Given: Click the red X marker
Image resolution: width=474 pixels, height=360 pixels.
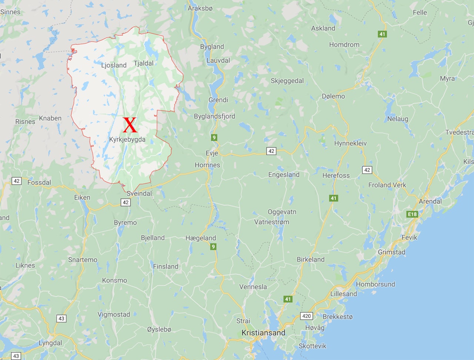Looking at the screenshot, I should (130, 125).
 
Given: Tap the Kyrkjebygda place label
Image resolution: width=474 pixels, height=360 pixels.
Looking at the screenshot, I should (127, 140).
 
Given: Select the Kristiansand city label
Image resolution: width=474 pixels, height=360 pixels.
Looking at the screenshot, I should (263, 333).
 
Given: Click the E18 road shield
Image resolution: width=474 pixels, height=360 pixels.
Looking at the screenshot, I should (412, 214).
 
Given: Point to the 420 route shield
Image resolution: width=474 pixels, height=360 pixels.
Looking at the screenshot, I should (306, 316).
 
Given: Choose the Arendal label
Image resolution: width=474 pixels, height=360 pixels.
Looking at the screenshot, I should (430, 201).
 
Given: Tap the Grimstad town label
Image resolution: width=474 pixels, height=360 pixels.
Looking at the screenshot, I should (391, 252).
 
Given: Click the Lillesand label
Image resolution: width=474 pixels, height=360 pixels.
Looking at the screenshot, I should (344, 294).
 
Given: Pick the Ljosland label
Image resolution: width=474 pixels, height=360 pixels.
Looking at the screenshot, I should (114, 65).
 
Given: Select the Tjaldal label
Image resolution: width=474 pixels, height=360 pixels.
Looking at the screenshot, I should (144, 63).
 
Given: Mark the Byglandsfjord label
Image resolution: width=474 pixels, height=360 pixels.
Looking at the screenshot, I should (214, 116).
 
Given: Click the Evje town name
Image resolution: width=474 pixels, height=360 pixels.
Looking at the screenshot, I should (212, 153).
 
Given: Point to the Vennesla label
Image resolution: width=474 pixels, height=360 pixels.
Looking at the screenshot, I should (253, 287).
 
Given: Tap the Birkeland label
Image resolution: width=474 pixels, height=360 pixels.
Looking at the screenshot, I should (310, 259).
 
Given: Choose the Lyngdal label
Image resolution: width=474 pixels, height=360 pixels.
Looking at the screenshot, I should (50, 343).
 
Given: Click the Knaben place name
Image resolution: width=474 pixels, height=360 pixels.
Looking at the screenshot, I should (50, 118).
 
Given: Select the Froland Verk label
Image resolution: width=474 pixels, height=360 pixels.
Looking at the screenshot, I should (387, 185).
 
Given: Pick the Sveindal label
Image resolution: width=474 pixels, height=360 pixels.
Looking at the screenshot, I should (139, 193).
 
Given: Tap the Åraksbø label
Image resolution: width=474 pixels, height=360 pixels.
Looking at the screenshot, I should (200, 8).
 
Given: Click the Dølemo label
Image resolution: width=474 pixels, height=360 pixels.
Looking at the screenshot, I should (333, 96).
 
